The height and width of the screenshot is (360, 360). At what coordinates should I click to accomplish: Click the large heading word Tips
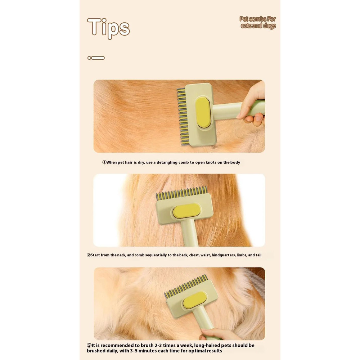point(108,27)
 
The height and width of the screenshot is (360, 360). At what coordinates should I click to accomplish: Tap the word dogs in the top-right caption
point(268,26)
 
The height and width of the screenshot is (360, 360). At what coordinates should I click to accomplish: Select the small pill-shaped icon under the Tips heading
point(96,58)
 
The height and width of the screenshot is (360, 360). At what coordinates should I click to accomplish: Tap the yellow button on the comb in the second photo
point(186,211)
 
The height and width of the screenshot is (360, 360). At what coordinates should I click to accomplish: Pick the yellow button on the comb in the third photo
point(195,300)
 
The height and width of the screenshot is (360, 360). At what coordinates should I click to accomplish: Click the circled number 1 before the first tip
point(104,162)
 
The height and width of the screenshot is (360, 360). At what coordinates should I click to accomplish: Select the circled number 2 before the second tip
point(89,255)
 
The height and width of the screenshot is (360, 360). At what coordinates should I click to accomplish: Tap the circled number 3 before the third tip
point(89,345)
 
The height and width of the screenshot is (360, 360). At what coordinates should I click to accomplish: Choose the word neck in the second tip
point(120,255)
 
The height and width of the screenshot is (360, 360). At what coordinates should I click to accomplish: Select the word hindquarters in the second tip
point(224,255)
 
